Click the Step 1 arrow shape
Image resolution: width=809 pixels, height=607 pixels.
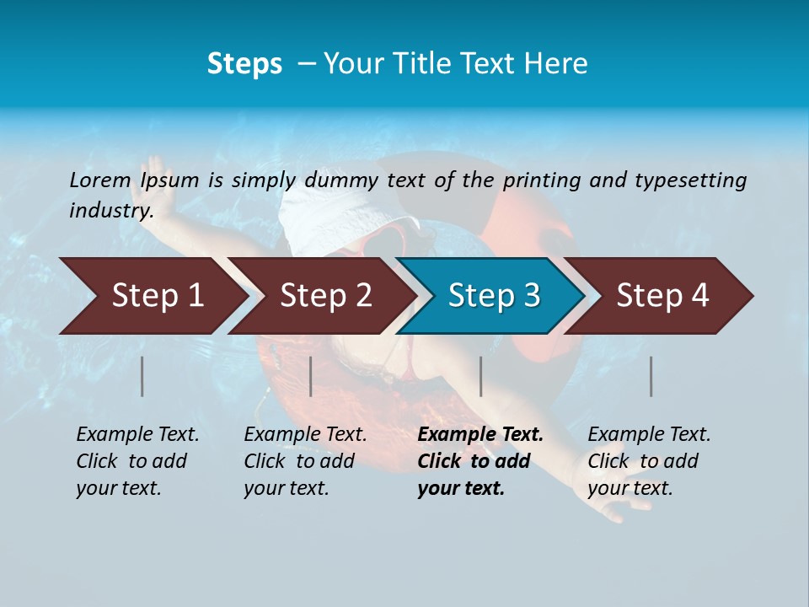152,296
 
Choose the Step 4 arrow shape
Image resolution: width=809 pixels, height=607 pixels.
662,296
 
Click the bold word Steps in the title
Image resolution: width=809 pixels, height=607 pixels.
244,63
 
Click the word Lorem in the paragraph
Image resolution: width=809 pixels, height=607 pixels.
99,180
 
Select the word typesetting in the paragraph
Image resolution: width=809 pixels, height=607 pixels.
690,180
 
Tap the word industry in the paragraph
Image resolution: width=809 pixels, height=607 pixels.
110,210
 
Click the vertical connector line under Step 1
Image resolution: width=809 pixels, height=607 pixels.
142,376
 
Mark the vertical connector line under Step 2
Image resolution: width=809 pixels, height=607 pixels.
311,376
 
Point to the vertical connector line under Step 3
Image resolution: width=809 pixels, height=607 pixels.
480,376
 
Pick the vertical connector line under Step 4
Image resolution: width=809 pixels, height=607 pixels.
651,376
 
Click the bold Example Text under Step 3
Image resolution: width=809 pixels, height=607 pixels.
480,435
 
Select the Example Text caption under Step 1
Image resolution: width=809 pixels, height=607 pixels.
137,435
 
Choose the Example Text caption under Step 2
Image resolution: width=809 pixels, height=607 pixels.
305,435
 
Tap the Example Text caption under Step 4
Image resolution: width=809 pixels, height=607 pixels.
649,435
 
